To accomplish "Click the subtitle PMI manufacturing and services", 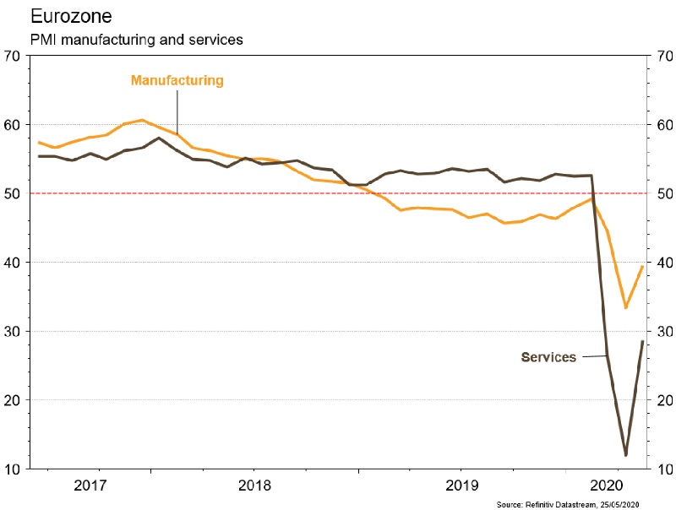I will [x=137, y=41].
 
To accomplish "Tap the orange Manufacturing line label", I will [x=177, y=81].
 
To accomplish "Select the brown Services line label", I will [x=548, y=357].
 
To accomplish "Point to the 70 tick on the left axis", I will [x=13, y=57].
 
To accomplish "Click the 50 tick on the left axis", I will [x=13, y=194].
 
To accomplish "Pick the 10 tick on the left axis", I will [x=13, y=469].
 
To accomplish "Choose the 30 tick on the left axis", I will [x=13, y=331].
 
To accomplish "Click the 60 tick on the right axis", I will [x=662, y=126].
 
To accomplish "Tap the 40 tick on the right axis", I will [x=662, y=263].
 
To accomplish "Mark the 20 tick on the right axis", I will [x=662, y=400].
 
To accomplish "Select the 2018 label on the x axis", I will [x=253, y=486].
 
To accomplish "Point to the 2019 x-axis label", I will [x=460, y=486].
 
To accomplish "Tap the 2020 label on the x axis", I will [x=607, y=486].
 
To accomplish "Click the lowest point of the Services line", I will [x=625, y=455].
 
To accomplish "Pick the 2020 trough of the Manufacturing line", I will [x=625, y=307].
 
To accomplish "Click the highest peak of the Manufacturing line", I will [x=142, y=120].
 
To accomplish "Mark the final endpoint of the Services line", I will [x=643, y=341].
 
